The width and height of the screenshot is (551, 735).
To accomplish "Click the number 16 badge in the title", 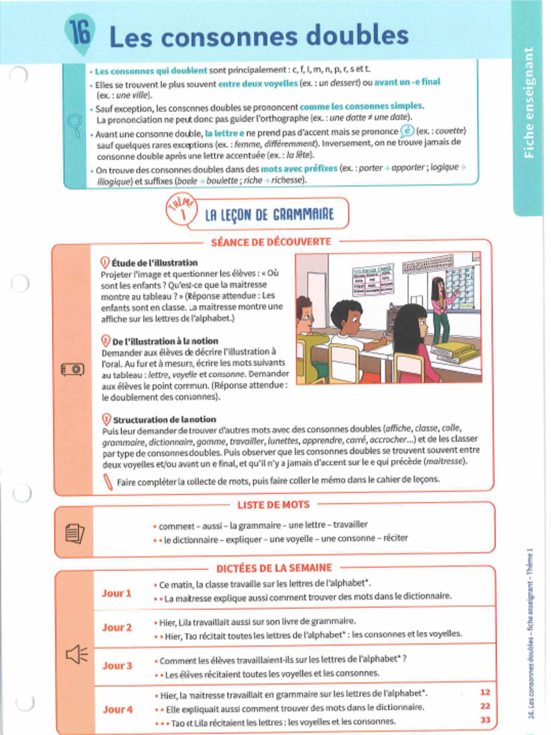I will pyautogui.click(x=80, y=34).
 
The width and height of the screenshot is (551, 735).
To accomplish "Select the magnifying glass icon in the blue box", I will pyautogui.click(x=75, y=125).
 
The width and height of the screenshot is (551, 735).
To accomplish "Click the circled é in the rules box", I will pyautogui.click(x=407, y=131).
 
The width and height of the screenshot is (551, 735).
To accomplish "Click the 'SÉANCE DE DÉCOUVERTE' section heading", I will pyautogui.click(x=270, y=242).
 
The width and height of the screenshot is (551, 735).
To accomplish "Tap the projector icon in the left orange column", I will pyautogui.click(x=73, y=370).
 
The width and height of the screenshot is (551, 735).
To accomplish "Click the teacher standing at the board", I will pyautogui.click(x=438, y=309).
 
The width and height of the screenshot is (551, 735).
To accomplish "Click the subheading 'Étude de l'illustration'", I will pyautogui.click(x=154, y=263).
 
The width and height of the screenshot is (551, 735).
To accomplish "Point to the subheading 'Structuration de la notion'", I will pyautogui.click(x=164, y=419).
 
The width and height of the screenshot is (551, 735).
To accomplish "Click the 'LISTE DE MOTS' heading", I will pyautogui.click(x=273, y=505).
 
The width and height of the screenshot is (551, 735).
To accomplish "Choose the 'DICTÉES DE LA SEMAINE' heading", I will pyautogui.click(x=274, y=568).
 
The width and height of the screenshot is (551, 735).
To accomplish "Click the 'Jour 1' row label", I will pyautogui.click(x=116, y=594).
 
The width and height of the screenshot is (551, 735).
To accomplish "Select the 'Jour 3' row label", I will pyautogui.click(x=117, y=665).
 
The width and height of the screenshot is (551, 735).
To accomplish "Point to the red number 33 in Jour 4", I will pyautogui.click(x=485, y=720).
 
